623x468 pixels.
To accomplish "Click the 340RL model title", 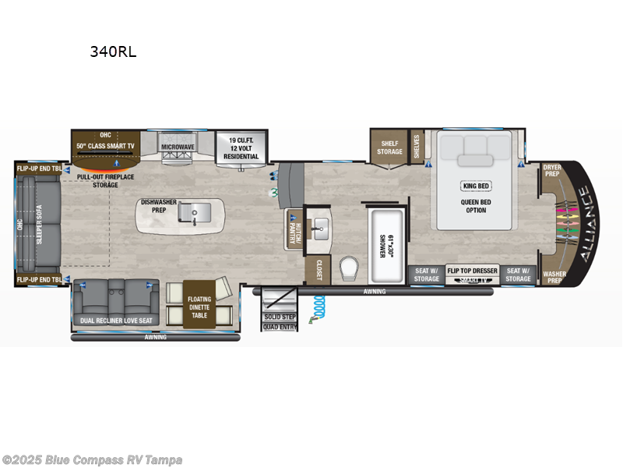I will (x=113, y=54).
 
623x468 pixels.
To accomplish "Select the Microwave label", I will (x=178, y=147).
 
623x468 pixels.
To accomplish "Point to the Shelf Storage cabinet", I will (x=389, y=147).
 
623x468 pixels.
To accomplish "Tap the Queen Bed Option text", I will (x=475, y=204).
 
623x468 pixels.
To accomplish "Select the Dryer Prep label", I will (x=552, y=169).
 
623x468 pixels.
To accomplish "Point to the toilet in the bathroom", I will (x=350, y=270).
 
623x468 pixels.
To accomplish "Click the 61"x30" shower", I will (x=382, y=245).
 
